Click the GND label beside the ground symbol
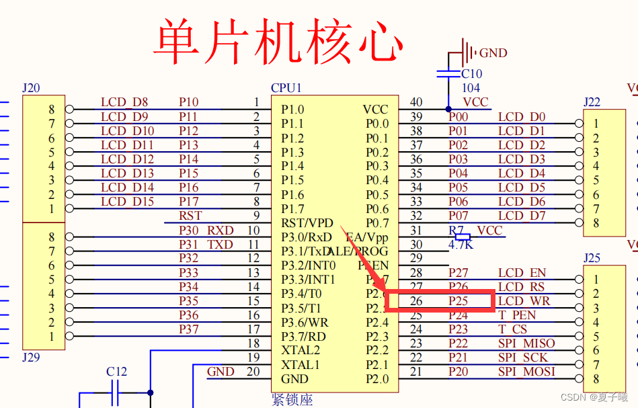coord(493,53)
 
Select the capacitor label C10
coord(471,74)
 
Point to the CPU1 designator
coord(286,88)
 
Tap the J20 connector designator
coord(31,88)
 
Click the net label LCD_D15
coord(127,202)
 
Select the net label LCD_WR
coord(524,301)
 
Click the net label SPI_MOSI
coord(526,372)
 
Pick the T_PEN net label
coord(516,315)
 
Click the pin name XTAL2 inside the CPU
coord(301,350)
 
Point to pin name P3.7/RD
coord(303,336)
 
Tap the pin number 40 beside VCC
coord(416,102)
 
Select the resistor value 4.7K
coord(461,245)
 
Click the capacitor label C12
coord(116,372)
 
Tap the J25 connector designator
coord(592,258)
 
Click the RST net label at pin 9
coord(190,216)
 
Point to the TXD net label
coord(220,245)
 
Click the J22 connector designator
coord(592,102)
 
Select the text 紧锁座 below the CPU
coord(292,400)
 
